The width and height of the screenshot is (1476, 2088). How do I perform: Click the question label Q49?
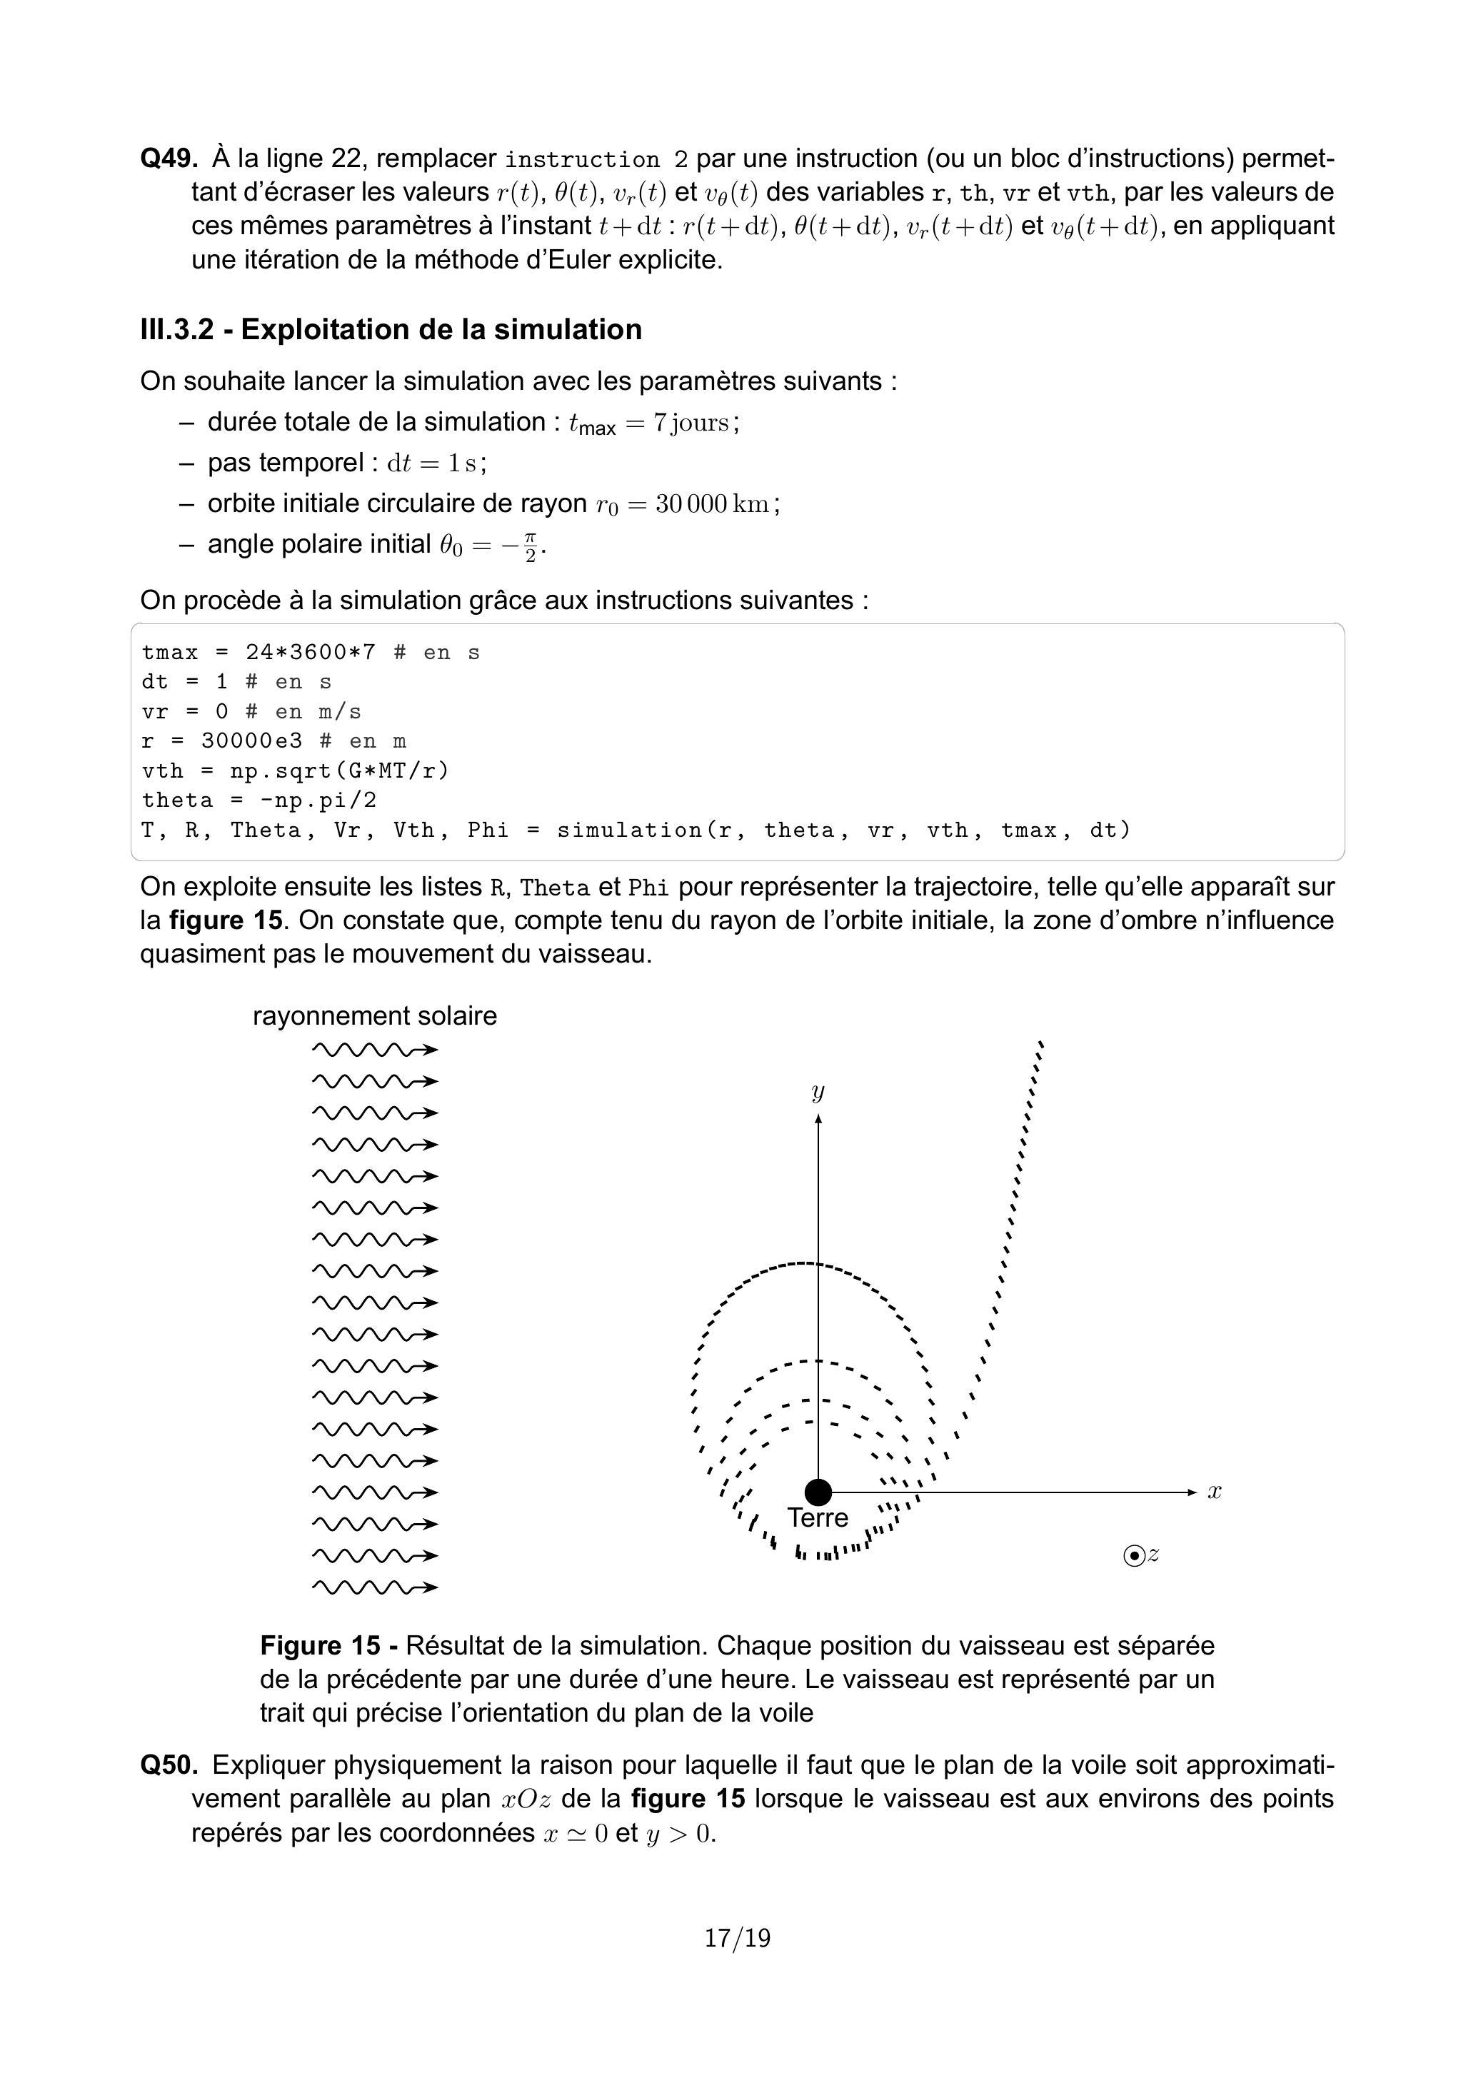pos(169,159)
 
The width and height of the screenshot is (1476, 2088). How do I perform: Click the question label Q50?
pos(169,1765)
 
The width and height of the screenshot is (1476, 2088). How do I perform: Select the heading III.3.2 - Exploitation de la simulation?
pos(391,329)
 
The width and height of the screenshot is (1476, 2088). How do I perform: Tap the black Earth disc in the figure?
pos(818,1492)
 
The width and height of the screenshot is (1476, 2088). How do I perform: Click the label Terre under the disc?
pos(818,1518)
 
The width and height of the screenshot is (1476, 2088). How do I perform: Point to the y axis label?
pos(818,1091)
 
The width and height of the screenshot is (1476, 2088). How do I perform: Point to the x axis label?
pos(1214,1492)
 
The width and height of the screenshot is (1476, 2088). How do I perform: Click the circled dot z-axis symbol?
pos(1134,1555)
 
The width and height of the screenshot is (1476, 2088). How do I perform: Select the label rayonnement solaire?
pos(375,1016)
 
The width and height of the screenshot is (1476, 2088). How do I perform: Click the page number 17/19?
pos(738,1938)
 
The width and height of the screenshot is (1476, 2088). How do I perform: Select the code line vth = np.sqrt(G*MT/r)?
pos(296,771)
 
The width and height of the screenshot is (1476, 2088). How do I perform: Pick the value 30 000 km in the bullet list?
pos(712,504)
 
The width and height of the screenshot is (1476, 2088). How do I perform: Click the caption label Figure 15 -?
pos(328,1645)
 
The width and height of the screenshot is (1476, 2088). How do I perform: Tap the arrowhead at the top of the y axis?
pos(818,1120)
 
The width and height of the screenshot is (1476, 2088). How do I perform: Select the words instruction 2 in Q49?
pos(596,160)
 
